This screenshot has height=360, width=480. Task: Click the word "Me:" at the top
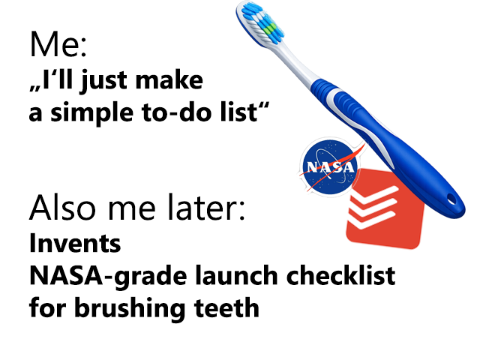point(58,44)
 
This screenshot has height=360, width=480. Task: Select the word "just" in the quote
point(103,80)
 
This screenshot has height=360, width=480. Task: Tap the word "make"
point(169,80)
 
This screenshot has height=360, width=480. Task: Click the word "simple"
point(91,112)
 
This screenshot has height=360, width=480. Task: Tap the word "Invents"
point(75,243)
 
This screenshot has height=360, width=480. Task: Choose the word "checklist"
point(340,275)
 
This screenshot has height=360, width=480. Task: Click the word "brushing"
point(130,309)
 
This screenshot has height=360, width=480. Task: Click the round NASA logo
point(330,167)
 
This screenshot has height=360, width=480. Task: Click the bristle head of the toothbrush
point(261,23)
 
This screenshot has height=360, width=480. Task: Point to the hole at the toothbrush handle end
point(451,199)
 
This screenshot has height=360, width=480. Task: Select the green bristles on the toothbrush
point(269,29)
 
